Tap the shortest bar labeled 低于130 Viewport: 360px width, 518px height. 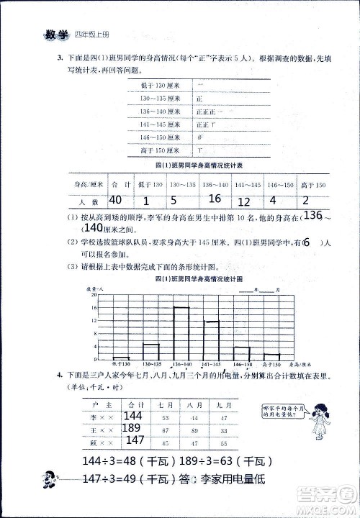pyautogui.click(x=121, y=358)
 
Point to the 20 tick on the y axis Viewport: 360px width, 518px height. pyautogui.click(x=94, y=294)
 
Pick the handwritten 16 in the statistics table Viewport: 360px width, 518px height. pyautogui.click(x=215, y=199)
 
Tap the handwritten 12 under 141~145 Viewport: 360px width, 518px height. pyautogui.click(x=244, y=202)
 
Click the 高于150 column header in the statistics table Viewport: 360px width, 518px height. pyautogui.click(x=315, y=186)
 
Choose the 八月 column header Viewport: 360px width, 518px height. pyautogui.click(x=193, y=404)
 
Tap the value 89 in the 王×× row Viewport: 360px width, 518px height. pyautogui.click(x=193, y=430)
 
